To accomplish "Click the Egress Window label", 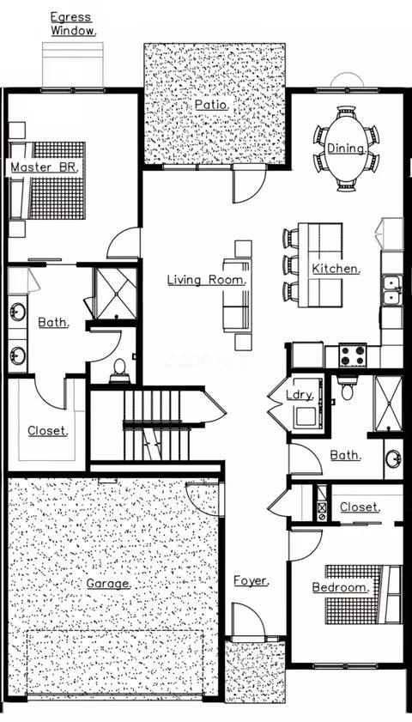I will [x=73, y=23].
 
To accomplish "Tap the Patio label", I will [x=210, y=105].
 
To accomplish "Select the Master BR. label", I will [x=44, y=168].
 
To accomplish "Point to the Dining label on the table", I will [x=347, y=149].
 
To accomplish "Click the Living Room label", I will [x=207, y=280].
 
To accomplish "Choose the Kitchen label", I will [x=336, y=269].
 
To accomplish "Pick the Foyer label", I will [x=251, y=581].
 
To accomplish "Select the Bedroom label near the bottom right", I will [x=341, y=588].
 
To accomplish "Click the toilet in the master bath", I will [x=119, y=370].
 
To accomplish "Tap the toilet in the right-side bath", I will [x=348, y=391].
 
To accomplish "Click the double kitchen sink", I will [x=391, y=289].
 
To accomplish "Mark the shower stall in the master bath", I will [x=114, y=293].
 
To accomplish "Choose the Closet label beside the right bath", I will [x=358, y=507].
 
